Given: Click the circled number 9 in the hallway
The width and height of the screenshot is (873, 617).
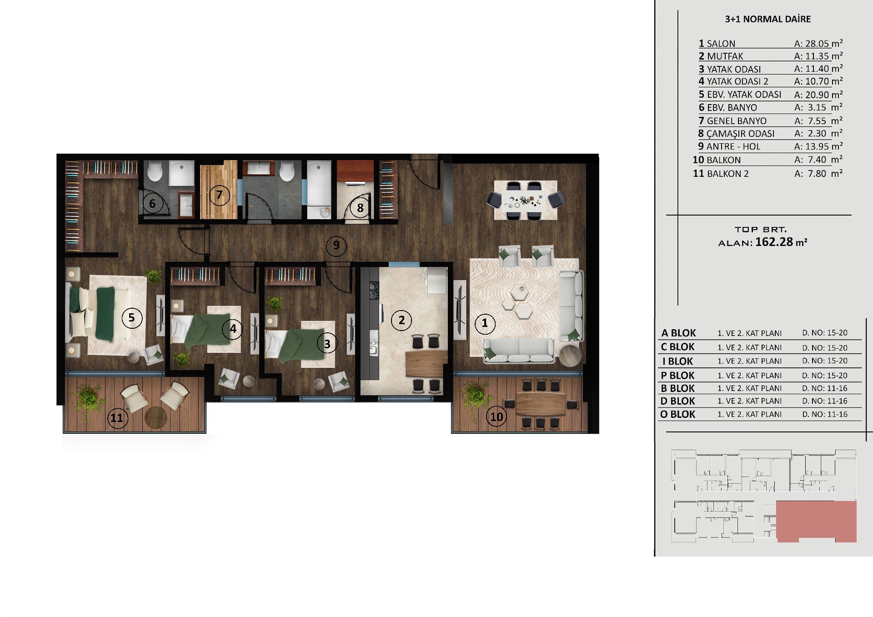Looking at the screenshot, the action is click(336, 246).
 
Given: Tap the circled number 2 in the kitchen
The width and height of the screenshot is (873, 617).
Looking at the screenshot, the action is click(401, 321).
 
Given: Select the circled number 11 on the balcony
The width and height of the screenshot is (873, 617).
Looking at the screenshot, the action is click(117, 417).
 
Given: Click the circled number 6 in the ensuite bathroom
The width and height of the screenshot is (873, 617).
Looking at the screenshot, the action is click(153, 203).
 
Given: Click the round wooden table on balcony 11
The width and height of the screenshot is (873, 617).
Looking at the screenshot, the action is click(156, 417).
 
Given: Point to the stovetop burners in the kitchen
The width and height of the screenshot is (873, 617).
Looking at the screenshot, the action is click(373, 291).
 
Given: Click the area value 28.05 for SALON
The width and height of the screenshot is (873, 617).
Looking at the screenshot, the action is click(817, 44).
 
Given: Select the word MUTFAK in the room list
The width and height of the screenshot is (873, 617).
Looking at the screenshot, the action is click(725, 56).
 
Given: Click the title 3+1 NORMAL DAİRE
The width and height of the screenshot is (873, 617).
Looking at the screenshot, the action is click(768, 19).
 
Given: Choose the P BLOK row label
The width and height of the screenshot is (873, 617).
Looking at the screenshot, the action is click(677, 376).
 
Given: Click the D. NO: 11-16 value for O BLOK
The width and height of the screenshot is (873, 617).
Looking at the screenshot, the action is click(825, 414).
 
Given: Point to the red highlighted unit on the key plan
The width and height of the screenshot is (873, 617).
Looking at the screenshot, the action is click(816, 522).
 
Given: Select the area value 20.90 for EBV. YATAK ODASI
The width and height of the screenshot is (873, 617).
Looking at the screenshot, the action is click(817, 95).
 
